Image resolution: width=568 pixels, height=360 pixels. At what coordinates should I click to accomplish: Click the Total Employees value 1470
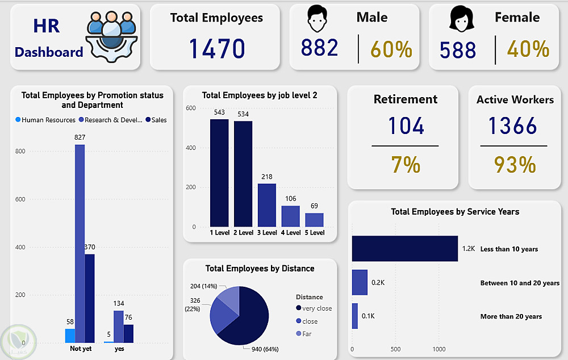[216, 49]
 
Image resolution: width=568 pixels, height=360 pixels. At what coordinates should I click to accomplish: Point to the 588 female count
[458, 49]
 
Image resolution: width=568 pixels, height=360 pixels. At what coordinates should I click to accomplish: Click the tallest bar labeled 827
[80, 244]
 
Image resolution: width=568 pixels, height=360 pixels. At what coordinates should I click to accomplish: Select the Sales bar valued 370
[90, 298]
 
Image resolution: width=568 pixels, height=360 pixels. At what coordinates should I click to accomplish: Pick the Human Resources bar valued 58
[70, 336]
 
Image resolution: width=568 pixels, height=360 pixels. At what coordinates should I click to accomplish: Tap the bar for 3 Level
[267, 205]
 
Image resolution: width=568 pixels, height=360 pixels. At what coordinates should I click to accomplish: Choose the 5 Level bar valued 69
[314, 220]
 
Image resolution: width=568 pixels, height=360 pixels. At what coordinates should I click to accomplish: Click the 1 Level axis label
[219, 233]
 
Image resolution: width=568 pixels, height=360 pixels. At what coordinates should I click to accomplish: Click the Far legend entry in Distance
[307, 334]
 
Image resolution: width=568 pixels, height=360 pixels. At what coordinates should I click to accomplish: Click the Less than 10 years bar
[404, 249]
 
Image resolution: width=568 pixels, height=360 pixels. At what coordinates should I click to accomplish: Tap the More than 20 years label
[511, 316]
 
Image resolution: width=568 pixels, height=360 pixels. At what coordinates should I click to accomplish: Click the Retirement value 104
[406, 125]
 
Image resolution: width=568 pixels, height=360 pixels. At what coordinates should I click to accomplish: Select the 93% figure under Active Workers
[515, 165]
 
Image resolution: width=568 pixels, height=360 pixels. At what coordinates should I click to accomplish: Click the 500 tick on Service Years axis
[396, 349]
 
